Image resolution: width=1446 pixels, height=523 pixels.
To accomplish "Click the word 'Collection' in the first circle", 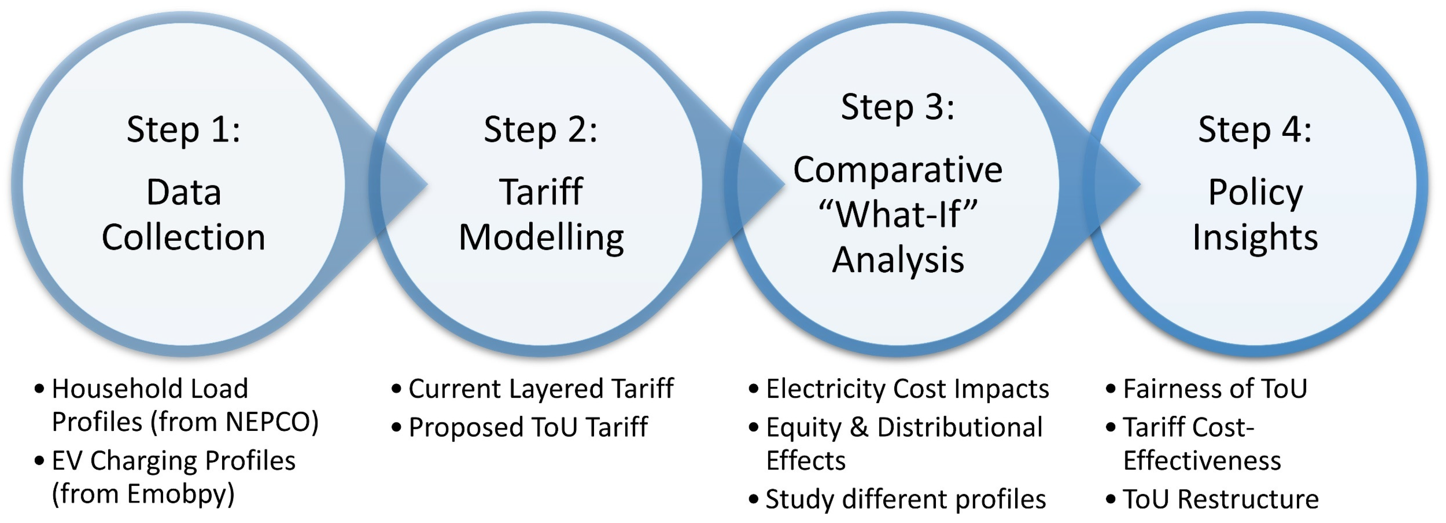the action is click(x=183, y=237).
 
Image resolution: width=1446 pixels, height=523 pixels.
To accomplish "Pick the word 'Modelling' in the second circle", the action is click(x=541, y=237).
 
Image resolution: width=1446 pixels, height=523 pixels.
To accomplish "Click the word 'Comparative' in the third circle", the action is click(x=898, y=170).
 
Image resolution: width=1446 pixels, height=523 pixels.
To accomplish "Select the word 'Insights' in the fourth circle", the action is click(x=1255, y=237).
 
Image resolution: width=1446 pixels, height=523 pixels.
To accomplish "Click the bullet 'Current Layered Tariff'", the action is click(x=541, y=388).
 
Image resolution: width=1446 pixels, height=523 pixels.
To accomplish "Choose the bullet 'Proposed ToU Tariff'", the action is click(x=528, y=427).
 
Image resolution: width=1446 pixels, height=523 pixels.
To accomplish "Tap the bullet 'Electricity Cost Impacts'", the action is click(x=907, y=388).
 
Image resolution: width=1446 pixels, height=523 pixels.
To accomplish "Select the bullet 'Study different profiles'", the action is click(x=905, y=499).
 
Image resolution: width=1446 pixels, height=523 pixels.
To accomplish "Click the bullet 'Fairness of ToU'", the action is click(x=1215, y=388).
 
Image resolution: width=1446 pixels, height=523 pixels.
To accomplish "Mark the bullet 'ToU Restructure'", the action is click(x=1221, y=499).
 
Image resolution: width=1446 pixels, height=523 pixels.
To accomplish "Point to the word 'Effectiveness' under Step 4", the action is click(x=1202, y=461).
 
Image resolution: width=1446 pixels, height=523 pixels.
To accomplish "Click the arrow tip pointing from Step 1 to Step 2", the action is click(x=428, y=183).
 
